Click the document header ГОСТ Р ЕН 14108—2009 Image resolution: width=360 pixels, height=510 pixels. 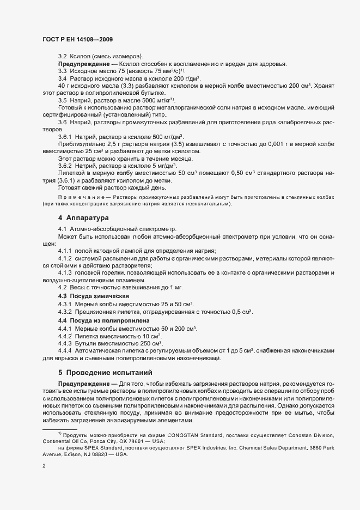77,39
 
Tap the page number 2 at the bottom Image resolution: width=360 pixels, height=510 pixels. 44,466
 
